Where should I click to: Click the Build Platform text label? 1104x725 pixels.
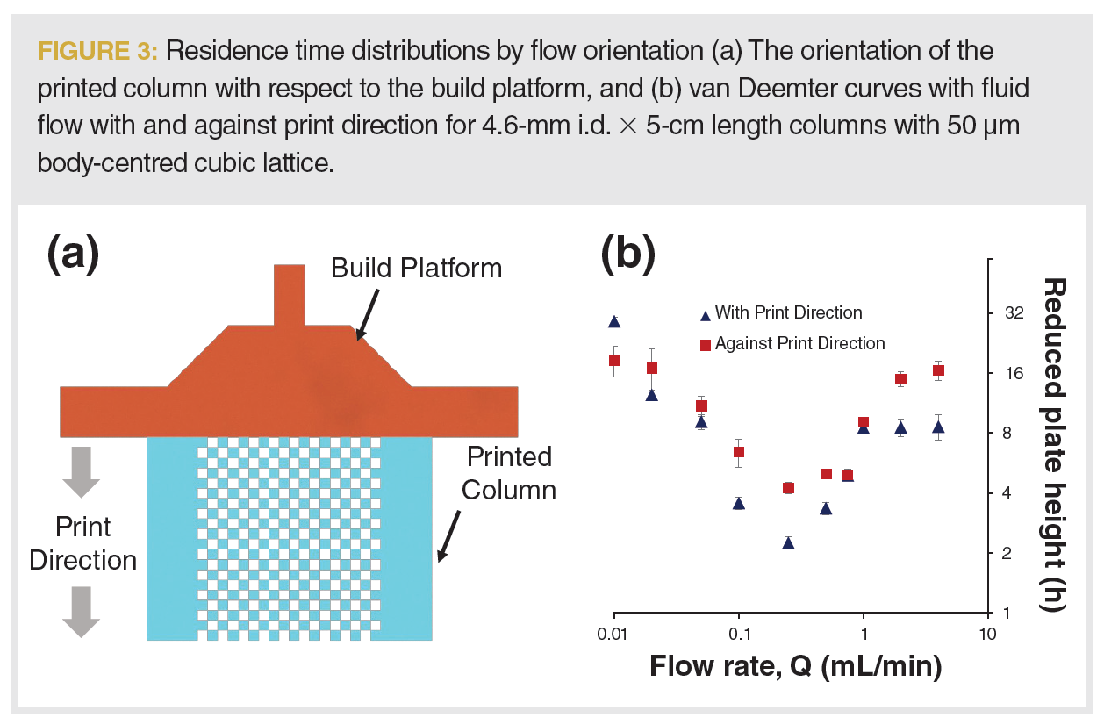[416, 268]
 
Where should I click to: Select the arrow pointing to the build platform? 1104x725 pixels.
[367, 314]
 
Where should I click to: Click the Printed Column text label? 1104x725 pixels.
[509, 473]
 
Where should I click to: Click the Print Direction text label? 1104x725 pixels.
[83, 543]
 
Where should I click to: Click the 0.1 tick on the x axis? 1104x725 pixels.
[739, 634]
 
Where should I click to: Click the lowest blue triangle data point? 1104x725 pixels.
[788, 543]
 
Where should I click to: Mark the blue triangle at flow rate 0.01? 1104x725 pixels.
[615, 321]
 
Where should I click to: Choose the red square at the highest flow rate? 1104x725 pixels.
[938, 370]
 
